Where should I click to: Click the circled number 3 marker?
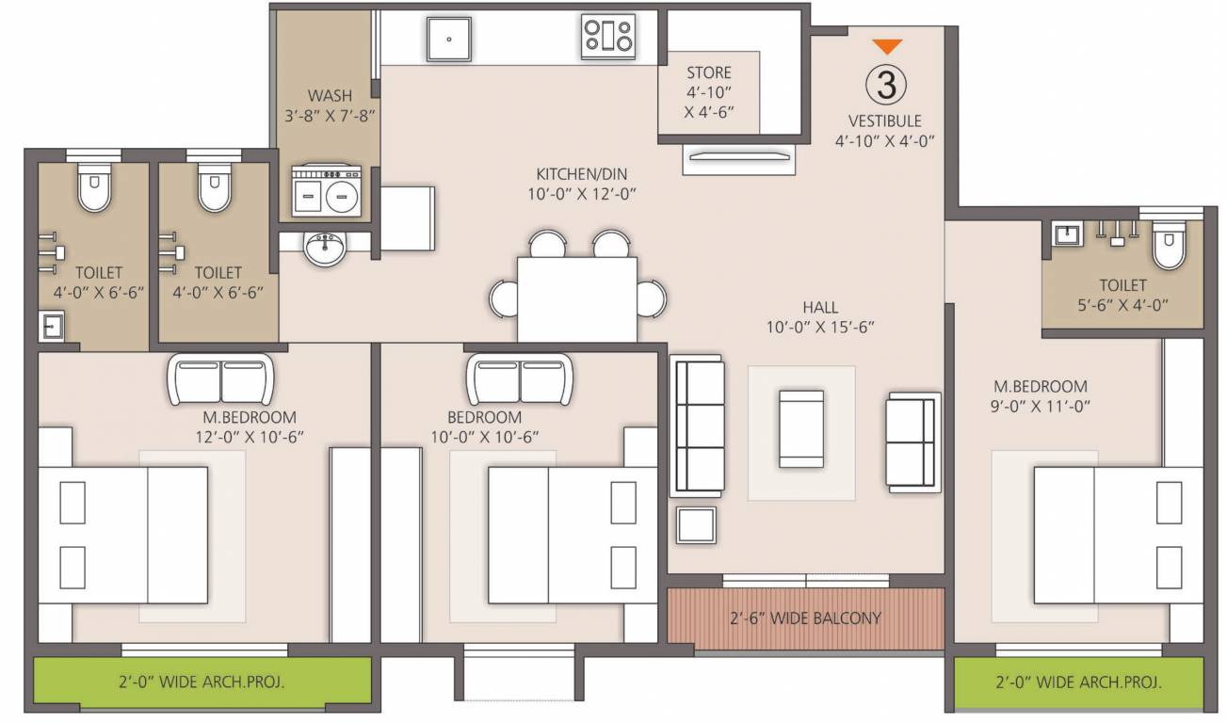click(x=885, y=86)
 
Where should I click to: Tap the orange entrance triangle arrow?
click(x=886, y=46)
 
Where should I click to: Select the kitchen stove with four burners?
click(x=608, y=36)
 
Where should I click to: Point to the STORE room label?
click(x=708, y=72)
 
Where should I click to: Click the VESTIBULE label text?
click(x=884, y=121)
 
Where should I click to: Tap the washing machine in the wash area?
click(x=326, y=191)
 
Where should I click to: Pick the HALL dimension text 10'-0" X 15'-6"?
click(x=820, y=327)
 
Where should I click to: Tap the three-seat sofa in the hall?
click(x=697, y=426)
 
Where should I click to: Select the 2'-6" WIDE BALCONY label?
click(x=805, y=619)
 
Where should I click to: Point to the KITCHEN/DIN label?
click(x=581, y=174)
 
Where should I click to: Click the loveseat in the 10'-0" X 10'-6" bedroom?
click(x=520, y=378)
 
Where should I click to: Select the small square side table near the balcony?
click(x=697, y=524)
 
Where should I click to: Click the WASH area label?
click(x=330, y=95)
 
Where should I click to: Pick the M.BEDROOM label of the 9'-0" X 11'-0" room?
click(x=1041, y=386)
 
